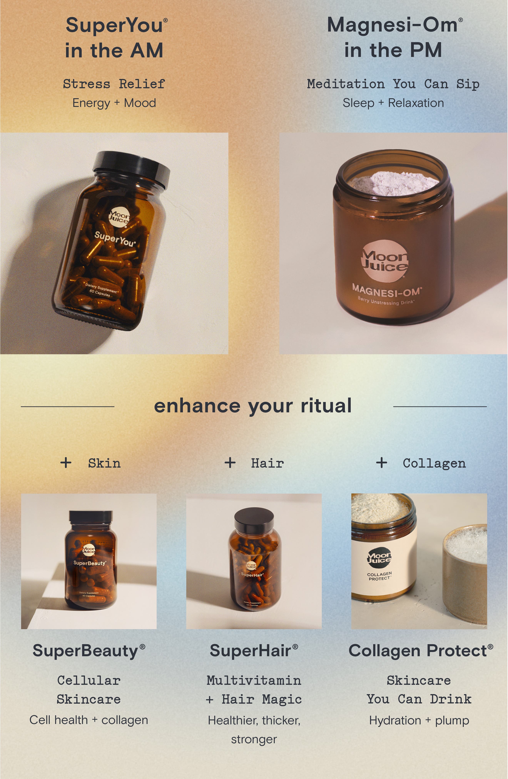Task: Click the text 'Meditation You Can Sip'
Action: click(393, 84)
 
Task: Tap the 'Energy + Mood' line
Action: click(114, 103)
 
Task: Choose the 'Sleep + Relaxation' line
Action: click(393, 103)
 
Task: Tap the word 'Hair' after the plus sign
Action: click(267, 463)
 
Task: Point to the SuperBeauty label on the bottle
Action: click(90, 563)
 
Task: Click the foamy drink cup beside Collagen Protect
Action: click(465, 573)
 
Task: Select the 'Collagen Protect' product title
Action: click(421, 651)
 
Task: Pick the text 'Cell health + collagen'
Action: click(89, 720)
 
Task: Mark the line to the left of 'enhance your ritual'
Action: click(67, 406)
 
